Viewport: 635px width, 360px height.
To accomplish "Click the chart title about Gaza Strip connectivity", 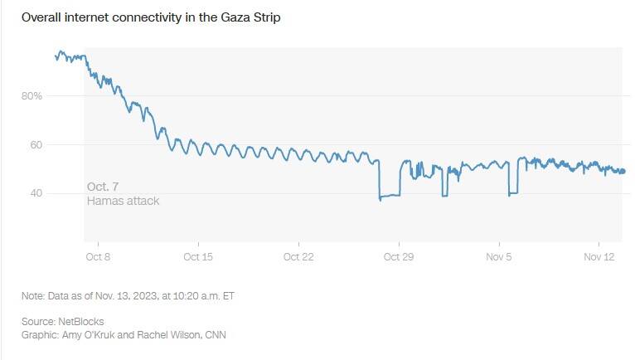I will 150,18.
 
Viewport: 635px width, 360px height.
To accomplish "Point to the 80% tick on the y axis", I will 32,96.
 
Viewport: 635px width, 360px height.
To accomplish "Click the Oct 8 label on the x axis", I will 98,256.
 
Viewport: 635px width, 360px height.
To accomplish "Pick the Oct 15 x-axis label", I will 197,256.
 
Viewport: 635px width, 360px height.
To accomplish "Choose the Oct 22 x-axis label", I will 298,256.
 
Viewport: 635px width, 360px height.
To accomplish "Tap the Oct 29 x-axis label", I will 399,256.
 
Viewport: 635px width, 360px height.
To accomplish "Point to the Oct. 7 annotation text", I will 103,187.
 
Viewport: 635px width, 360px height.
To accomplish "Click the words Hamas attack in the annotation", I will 123,201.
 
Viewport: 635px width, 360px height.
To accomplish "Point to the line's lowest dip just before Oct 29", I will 381,199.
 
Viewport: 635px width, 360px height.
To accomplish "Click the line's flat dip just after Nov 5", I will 513,194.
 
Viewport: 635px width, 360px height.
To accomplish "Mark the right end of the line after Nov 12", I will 624,172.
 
